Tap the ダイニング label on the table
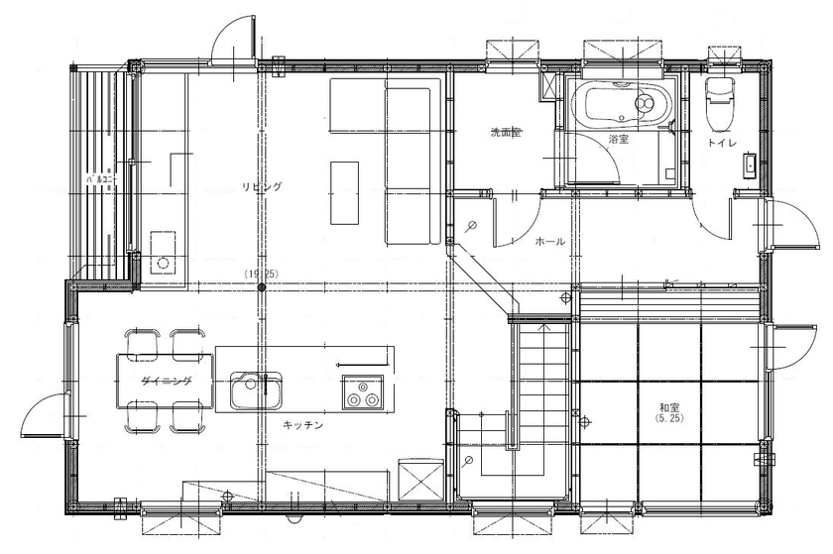click(166, 381)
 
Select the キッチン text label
click(301, 424)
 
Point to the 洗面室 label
click(506, 132)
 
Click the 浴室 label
click(619, 140)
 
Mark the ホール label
click(549, 241)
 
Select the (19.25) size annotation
click(261, 272)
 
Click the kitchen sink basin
click(256, 390)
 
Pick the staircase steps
click(538, 377)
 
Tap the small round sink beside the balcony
click(162, 265)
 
